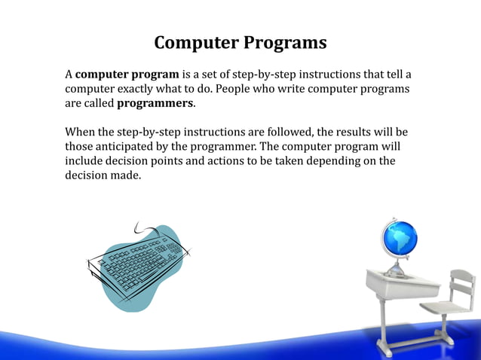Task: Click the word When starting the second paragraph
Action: coord(80,132)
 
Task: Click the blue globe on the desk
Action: coord(399,239)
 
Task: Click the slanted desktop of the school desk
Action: coord(403,282)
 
